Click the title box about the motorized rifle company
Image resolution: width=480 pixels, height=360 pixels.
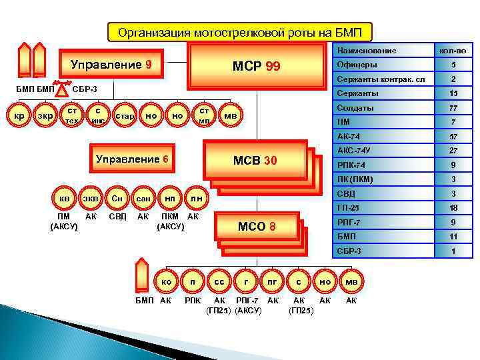(240, 33)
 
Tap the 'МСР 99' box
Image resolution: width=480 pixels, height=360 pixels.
(256, 67)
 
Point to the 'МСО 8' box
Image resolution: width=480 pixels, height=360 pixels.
(257, 227)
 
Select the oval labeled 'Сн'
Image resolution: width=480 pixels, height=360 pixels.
(117, 198)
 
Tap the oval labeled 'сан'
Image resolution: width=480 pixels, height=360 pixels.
(143, 198)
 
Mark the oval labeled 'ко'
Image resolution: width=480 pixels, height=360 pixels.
(166, 283)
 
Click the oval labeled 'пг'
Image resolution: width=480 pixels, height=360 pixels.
(272, 283)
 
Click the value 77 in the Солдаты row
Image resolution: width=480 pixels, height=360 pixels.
(453, 107)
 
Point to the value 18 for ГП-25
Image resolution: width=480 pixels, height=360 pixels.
(453, 208)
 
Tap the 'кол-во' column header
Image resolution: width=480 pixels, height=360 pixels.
(453, 51)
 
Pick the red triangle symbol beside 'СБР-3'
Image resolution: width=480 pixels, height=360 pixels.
(61, 87)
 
